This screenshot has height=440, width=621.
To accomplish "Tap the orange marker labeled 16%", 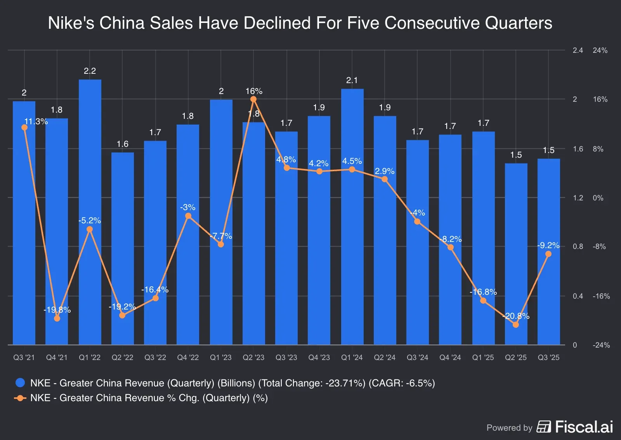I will coord(253,99).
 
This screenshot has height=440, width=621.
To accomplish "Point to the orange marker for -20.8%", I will coord(515,325).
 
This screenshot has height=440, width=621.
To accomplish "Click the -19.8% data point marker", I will coord(57,318).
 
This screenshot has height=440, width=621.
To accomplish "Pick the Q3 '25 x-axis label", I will coord(548,358).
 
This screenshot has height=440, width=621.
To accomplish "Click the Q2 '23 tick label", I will coord(253,358).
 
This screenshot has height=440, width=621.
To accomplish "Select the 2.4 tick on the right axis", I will coord(578,50).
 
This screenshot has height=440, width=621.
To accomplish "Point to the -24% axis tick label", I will coord(601,345).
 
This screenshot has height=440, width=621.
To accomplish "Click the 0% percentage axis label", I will coord(598,198).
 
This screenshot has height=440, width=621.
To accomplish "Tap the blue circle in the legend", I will coord(20,383).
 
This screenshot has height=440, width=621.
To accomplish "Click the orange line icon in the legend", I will coord(20,398).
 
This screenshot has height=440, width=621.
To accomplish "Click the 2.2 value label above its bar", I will coord(90,71).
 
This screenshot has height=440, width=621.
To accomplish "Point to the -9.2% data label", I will coord(548,245).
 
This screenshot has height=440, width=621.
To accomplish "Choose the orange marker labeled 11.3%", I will coord(24,127).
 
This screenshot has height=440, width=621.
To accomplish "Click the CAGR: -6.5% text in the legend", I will coord(401,383).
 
